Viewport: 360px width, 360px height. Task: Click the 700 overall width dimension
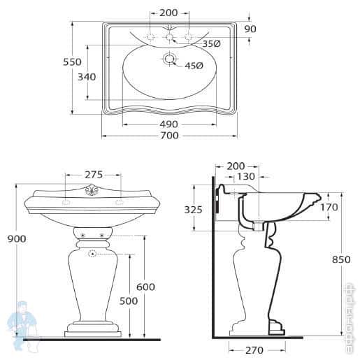169,136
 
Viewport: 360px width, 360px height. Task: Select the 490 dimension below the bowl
169,124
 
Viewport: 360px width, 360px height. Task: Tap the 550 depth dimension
73,62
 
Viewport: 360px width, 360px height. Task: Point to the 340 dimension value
87,76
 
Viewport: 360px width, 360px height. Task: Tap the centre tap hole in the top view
169,36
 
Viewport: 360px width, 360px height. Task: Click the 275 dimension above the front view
94,175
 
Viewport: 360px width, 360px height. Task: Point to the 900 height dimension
16,238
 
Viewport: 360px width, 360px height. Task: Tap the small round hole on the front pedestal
92,254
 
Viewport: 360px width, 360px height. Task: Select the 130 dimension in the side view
245,177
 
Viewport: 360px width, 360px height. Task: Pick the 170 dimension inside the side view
329,207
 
